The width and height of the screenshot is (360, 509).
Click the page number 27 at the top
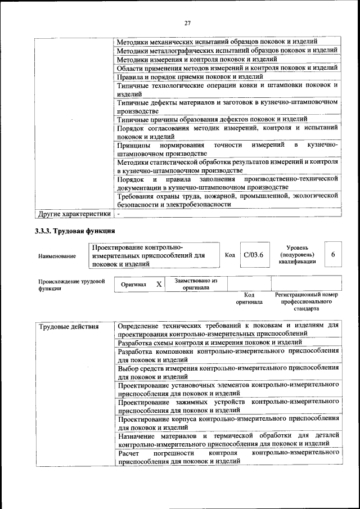click(188, 22)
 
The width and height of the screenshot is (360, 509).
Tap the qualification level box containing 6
click(333, 255)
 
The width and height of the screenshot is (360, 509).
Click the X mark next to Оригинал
click(159, 284)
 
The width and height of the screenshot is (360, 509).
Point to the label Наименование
click(57, 256)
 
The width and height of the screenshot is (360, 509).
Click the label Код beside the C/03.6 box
click(229, 255)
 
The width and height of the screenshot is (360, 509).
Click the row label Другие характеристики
click(73, 214)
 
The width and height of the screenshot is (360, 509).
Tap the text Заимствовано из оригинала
click(196, 283)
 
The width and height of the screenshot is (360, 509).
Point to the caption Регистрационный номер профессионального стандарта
click(306, 301)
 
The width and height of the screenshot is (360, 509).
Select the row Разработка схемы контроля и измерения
click(210, 342)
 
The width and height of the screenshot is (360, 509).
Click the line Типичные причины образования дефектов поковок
click(212, 119)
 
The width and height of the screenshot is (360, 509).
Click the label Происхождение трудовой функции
click(71, 285)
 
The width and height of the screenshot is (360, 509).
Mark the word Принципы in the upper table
click(134, 145)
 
